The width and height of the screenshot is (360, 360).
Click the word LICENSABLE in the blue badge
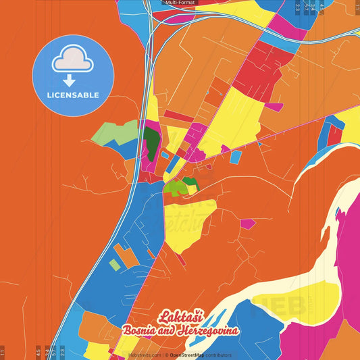point(73,95)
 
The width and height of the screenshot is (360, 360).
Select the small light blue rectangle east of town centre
point(236,157)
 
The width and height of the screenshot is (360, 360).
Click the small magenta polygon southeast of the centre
point(248,224)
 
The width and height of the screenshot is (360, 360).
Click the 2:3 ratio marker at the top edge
point(299,8)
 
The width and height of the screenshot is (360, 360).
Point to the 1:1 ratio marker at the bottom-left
point(3,352)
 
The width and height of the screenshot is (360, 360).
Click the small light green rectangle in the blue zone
point(115,265)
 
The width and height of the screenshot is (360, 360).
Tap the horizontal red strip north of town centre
point(178,116)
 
